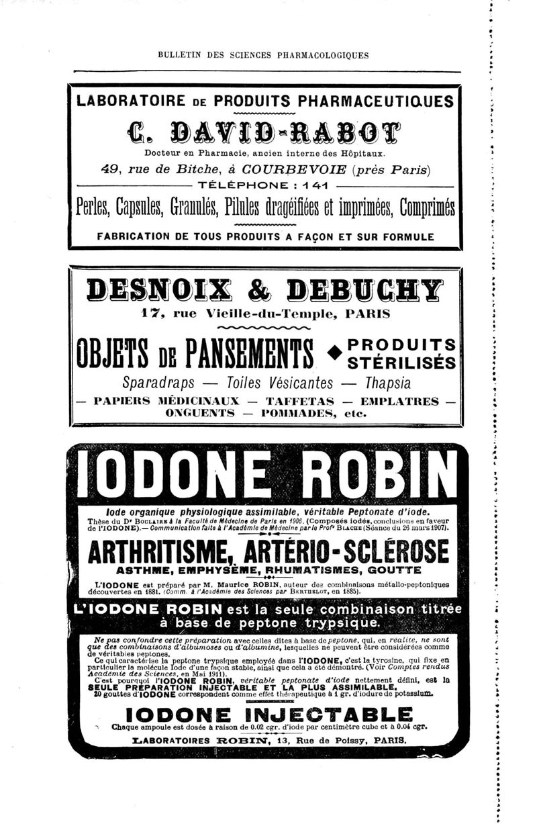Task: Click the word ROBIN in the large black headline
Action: (x=376, y=478)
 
